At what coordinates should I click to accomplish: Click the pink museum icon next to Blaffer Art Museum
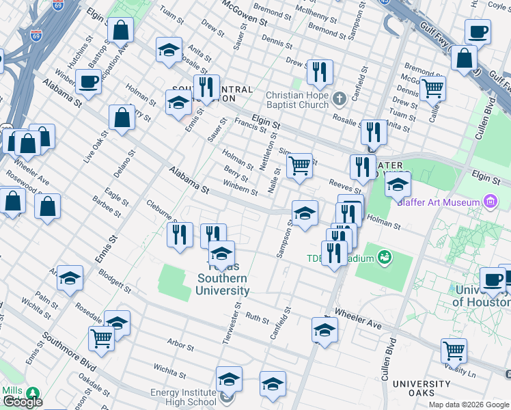point(490,202)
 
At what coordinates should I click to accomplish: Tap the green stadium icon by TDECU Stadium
point(385,257)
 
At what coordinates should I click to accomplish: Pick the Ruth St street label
point(258,318)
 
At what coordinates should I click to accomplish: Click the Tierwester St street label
point(238,304)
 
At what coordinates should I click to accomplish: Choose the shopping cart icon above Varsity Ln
point(454,351)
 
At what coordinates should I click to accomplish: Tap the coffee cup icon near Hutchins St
point(88,83)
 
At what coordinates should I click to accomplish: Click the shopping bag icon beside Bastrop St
point(120,31)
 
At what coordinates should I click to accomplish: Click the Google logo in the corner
point(23,402)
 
